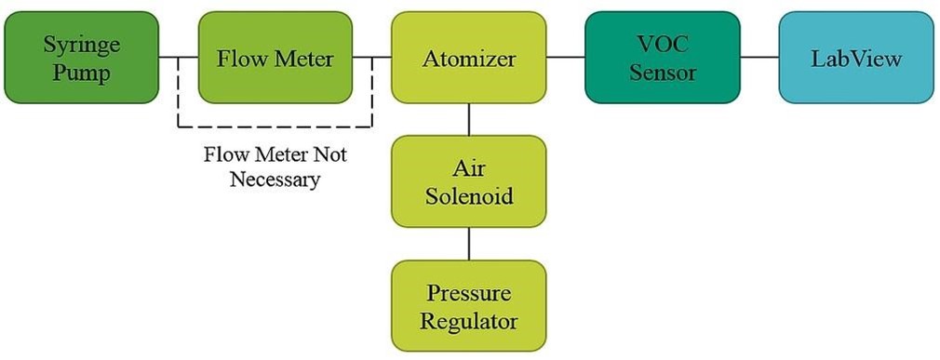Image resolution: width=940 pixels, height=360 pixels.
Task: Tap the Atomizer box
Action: pyautogui.click(x=468, y=57)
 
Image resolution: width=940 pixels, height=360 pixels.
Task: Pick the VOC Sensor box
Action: pyautogui.click(x=662, y=57)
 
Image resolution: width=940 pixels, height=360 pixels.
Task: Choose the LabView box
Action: pyautogui.click(x=855, y=57)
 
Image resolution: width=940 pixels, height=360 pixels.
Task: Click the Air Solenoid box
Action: pyautogui.click(x=468, y=181)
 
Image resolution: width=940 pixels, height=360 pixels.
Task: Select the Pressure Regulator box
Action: pyautogui.click(x=468, y=306)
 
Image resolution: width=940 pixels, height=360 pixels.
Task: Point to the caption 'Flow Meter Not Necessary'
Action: pyautogui.click(x=275, y=166)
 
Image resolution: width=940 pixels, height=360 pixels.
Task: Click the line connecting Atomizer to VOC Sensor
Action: pyautogui.click(x=565, y=58)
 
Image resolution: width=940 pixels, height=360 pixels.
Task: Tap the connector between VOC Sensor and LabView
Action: pyautogui.click(x=759, y=58)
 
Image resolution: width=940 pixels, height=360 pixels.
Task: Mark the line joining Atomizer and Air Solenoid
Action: pyautogui.click(x=468, y=119)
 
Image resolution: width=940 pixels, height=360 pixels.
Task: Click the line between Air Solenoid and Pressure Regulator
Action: pyautogui.click(x=468, y=244)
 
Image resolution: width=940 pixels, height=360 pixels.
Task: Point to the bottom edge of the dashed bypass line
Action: pyautogui.click(x=275, y=127)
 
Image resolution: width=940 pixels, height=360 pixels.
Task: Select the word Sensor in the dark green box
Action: pyautogui.click(x=662, y=73)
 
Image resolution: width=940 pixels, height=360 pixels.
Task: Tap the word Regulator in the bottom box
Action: pyautogui.click(x=468, y=322)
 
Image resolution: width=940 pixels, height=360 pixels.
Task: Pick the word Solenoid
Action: pyautogui.click(x=468, y=196)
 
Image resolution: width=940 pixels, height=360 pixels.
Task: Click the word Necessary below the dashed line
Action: pyautogui.click(x=275, y=179)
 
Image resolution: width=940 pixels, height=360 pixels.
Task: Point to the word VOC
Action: pyautogui.click(x=662, y=43)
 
